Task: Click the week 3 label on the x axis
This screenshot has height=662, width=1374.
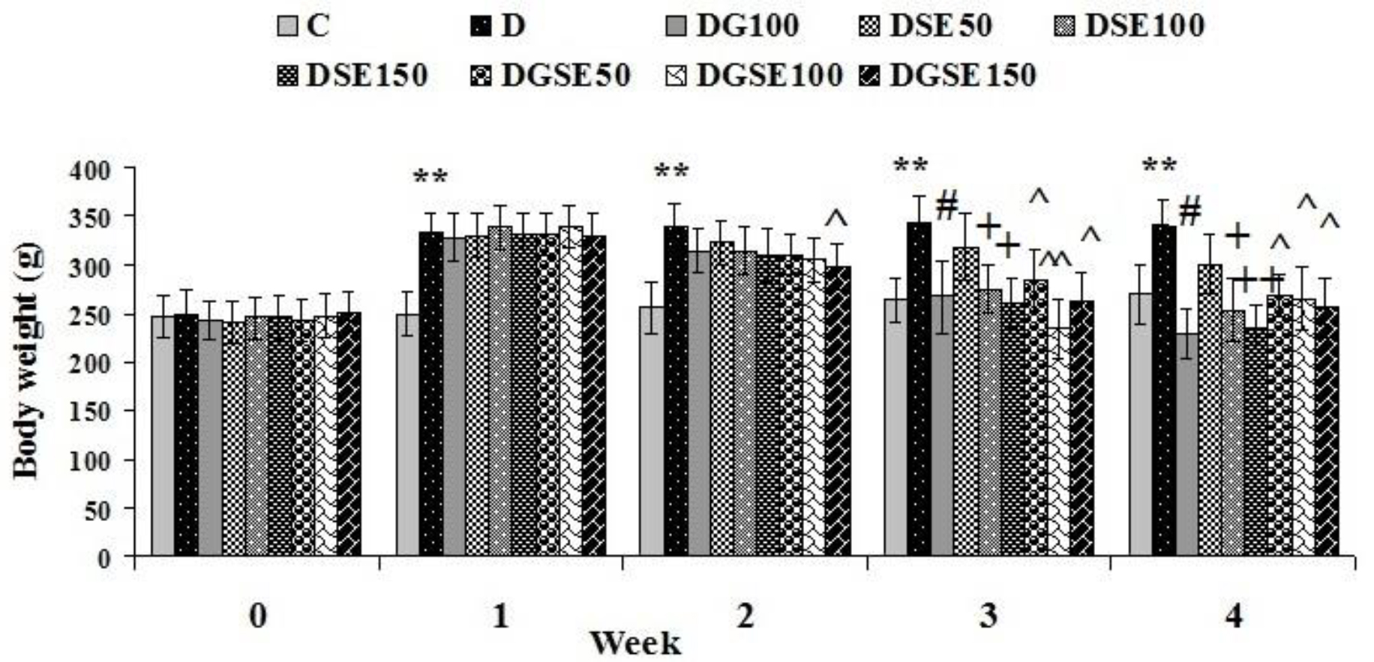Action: pyautogui.click(x=989, y=616)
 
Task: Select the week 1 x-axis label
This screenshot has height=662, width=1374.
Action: pyautogui.click(x=500, y=616)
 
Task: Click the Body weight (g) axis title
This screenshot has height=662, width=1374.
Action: pyautogui.click(x=25, y=363)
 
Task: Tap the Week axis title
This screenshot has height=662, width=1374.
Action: pyautogui.click(x=635, y=643)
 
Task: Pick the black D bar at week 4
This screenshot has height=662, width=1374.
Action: pyautogui.click(x=1163, y=390)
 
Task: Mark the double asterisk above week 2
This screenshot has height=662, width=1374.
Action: pyautogui.click(x=671, y=172)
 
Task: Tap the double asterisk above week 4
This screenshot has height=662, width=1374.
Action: pyautogui.click(x=1159, y=166)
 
